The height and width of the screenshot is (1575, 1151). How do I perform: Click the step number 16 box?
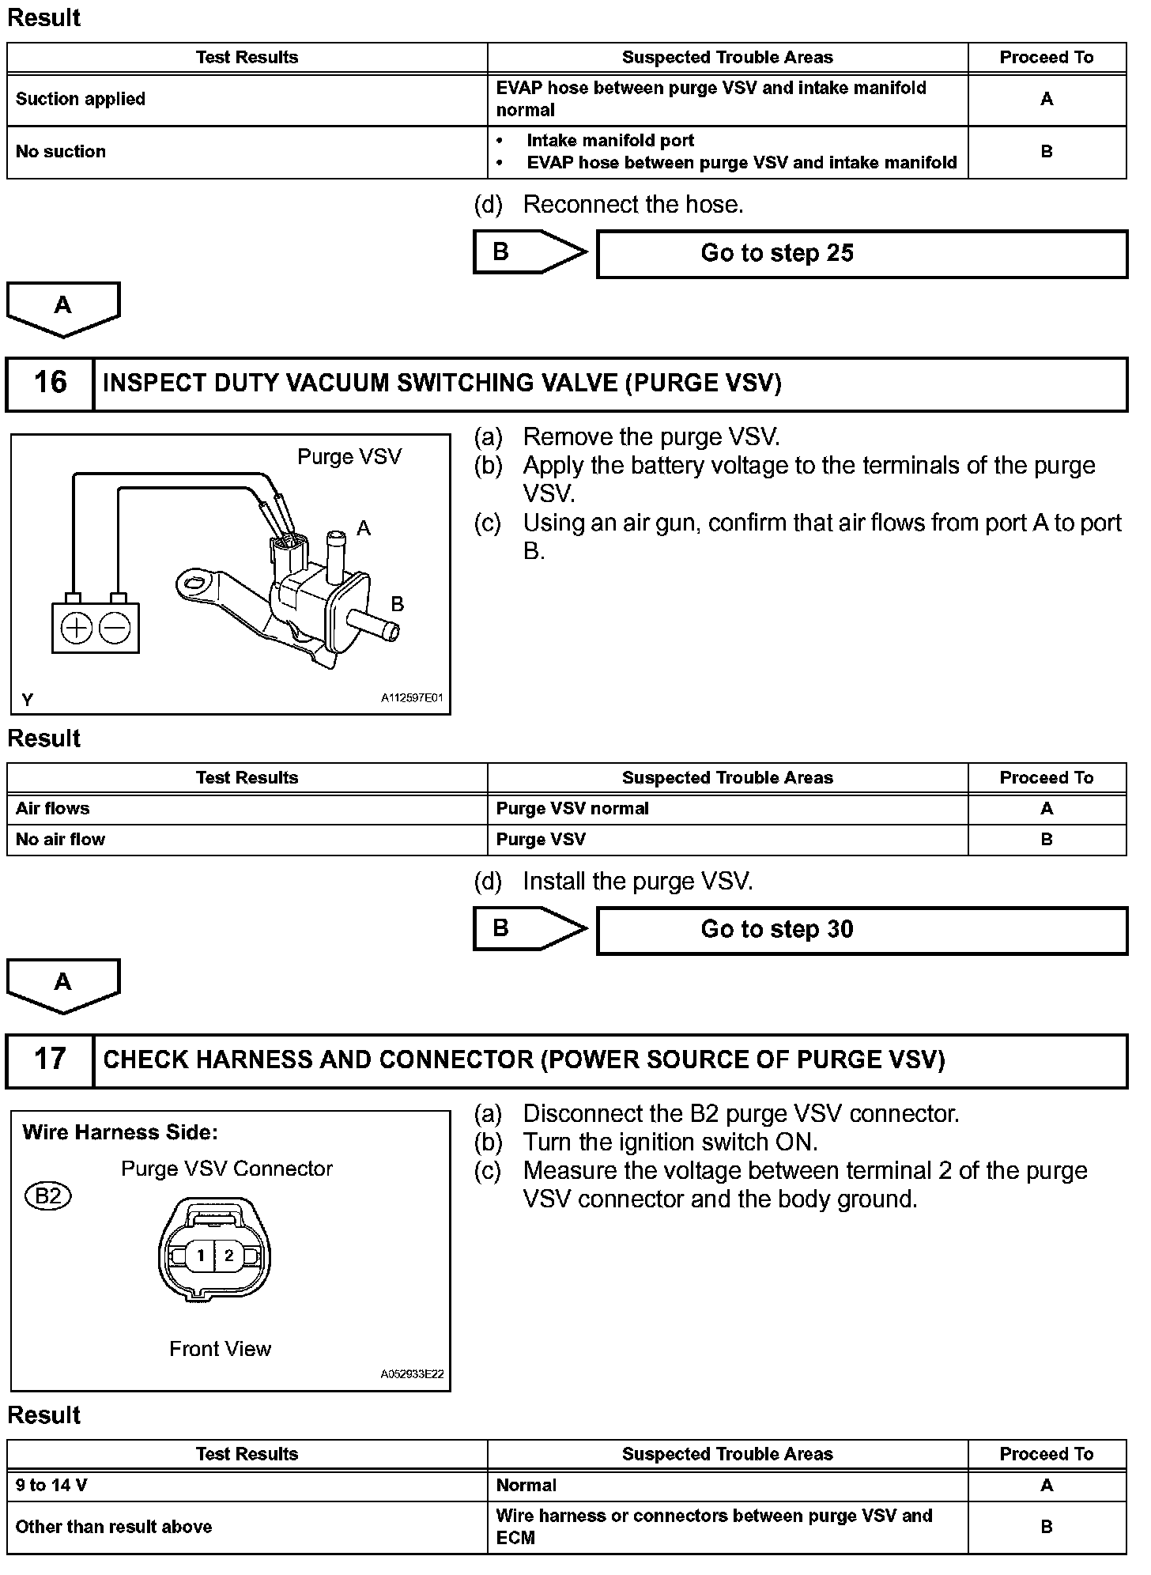(x=50, y=383)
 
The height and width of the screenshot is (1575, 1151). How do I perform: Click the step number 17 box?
(x=50, y=1060)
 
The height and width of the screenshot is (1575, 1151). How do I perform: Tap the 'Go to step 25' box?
(x=862, y=254)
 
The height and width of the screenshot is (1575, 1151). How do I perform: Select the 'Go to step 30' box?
(x=862, y=931)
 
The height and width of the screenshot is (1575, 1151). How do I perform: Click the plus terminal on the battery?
(x=77, y=629)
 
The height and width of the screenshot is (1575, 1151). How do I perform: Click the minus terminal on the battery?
(x=115, y=629)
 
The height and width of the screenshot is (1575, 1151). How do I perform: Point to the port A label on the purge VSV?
(x=364, y=528)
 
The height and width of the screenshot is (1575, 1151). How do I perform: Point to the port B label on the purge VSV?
(x=398, y=604)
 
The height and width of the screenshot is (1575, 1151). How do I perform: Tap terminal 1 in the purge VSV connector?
(x=201, y=1255)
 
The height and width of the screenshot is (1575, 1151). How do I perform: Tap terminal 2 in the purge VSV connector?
(x=229, y=1255)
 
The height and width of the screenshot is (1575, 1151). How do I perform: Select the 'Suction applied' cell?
(x=81, y=100)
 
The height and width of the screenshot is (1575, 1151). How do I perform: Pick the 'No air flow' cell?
(x=60, y=840)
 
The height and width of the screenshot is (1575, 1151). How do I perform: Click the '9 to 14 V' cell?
(x=51, y=1486)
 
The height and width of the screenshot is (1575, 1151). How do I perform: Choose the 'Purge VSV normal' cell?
(x=572, y=809)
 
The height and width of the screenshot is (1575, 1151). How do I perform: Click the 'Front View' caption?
(x=220, y=1349)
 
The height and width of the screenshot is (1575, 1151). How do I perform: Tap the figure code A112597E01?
(x=412, y=699)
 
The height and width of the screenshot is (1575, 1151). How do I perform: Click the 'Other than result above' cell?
(x=114, y=1527)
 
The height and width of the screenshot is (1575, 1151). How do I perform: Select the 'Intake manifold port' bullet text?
(x=610, y=141)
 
